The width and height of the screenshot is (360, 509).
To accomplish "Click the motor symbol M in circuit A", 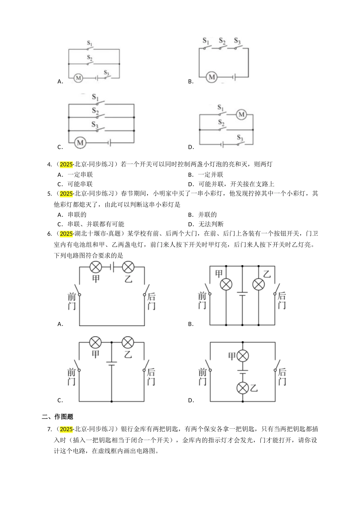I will click(x=78, y=78).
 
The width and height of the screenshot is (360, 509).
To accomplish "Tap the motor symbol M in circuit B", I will click(x=211, y=77).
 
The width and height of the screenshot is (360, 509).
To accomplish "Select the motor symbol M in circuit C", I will click(x=80, y=143).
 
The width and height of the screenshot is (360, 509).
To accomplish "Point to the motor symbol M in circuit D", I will click(x=241, y=114).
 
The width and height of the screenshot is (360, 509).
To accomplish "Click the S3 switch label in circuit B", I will click(x=237, y=41).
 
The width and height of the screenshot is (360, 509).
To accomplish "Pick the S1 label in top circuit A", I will click(x=90, y=44).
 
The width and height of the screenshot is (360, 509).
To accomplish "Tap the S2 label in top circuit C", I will click(x=95, y=111).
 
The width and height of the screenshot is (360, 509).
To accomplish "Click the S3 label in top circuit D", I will click(x=240, y=137).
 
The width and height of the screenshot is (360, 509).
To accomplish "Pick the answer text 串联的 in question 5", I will click(x=77, y=214).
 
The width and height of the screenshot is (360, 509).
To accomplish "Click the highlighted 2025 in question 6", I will click(x=66, y=234).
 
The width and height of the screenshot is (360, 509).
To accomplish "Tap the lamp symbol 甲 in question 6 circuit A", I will click(x=95, y=267).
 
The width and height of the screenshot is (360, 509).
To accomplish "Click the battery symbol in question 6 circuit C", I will click(x=111, y=363).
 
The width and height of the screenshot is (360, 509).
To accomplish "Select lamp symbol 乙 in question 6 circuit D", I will click(x=243, y=388).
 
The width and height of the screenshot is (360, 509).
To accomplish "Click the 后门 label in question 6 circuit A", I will click(x=151, y=301).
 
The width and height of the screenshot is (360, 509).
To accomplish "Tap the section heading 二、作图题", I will click(x=57, y=417).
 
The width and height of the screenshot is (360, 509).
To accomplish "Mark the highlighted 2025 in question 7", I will click(x=66, y=429).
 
